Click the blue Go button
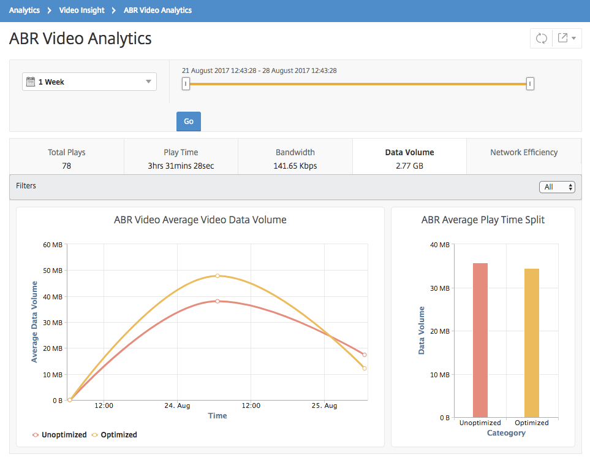click(x=189, y=121)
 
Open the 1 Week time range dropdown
click(x=89, y=82)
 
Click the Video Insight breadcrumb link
click(x=81, y=10)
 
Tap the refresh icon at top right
click(x=541, y=38)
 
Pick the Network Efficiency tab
click(x=524, y=156)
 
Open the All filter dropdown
click(x=558, y=187)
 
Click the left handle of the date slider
click(x=186, y=83)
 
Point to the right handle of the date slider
click(x=530, y=83)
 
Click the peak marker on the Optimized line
click(x=217, y=276)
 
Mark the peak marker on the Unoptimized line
click(x=217, y=301)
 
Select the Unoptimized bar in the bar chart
click(x=480, y=340)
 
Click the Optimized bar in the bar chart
click(x=532, y=343)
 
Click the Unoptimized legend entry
click(x=60, y=435)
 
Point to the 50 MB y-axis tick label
click(x=53, y=271)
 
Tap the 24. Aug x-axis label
click(x=177, y=406)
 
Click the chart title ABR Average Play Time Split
click(x=483, y=220)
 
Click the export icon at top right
click(x=563, y=37)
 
